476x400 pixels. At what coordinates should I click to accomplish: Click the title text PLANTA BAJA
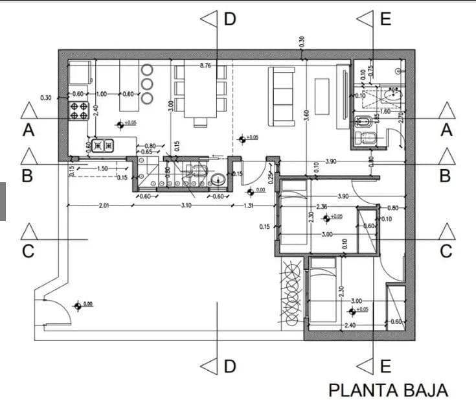coord(388,390)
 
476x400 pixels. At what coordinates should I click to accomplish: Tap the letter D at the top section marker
coord(230,19)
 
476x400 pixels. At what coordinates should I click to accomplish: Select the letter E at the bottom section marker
coord(385,366)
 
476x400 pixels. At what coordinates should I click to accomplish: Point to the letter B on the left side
coord(28,175)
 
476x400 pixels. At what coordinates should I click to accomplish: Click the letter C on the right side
coord(446,251)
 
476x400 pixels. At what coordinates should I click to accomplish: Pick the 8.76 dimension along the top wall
coord(206,66)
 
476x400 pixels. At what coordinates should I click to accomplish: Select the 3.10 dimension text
coord(186,206)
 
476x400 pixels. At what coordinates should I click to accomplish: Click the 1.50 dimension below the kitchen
coord(102,169)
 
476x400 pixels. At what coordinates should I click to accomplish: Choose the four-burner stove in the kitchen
coord(79,111)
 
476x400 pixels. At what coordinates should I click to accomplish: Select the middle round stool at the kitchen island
coord(147,84)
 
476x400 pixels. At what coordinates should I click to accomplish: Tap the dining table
coord(200,92)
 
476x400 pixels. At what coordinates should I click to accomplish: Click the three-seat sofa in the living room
coord(282,95)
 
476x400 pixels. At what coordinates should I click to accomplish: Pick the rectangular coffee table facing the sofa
coord(322,96)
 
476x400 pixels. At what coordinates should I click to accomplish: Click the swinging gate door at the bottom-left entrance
coord(57,311)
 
